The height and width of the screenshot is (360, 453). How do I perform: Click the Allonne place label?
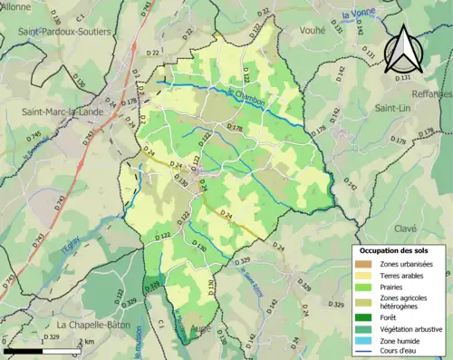tap(15, 5)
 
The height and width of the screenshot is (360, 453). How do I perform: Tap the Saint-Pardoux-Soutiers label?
tap(60, 33)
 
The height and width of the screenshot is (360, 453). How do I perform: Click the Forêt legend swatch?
tap(368, 316)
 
